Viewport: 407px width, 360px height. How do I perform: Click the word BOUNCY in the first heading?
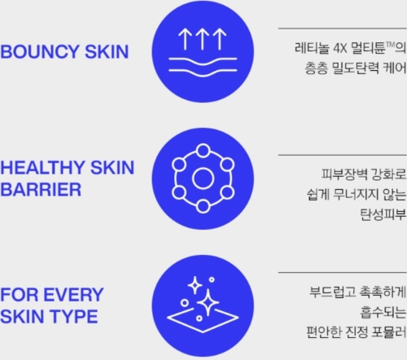point(40,51)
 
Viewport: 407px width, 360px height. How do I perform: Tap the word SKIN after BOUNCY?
point(107,51)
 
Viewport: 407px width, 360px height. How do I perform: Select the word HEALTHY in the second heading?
point(43,168)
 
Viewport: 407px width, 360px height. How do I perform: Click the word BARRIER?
point(41,190)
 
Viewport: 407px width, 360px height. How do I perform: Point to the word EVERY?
point(73,295)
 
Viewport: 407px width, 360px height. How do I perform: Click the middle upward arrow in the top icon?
point(202,39)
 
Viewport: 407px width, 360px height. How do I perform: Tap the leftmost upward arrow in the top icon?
point(185,39)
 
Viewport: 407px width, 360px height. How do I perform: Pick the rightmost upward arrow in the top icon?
point(220,39)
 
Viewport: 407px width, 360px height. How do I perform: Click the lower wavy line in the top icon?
point(203,72)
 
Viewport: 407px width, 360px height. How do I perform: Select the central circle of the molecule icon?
point(203,178)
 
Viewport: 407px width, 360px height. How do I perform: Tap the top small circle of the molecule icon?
point(203,151)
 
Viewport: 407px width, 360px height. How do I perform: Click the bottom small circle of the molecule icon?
point(203,206)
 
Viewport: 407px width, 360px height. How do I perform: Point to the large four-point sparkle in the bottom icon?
point(208,302)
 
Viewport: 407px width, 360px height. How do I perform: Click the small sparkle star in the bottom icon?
point(195,285)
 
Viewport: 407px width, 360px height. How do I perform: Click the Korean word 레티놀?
point(312,48)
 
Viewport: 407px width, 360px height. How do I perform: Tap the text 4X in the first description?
point(340,49)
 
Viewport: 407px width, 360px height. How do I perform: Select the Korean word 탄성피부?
point(383,214)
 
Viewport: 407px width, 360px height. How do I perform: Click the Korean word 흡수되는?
point(383,312)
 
